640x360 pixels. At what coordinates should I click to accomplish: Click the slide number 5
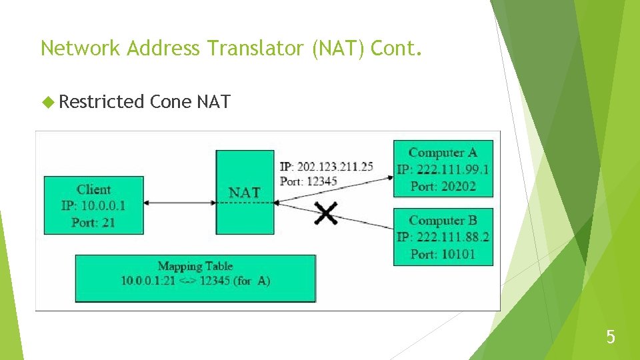point(611,337)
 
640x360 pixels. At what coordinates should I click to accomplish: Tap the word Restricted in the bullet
point(101,102)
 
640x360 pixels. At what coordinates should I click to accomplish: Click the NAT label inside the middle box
point(245,193)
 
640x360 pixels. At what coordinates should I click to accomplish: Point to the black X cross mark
point(326,213)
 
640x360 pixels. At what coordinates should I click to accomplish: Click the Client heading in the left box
point(93,189)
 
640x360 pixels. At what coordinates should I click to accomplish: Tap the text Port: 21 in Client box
point(93,222)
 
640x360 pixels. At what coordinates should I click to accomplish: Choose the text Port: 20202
point(443,186)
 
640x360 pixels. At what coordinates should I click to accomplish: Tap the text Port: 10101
point(443,254)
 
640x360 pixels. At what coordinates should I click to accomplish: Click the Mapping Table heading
point(195,266)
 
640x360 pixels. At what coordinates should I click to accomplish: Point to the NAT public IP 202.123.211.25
point(327,167)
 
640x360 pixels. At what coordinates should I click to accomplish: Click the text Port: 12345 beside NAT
point(309,181)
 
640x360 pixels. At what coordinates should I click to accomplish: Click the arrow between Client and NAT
point(180,203)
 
